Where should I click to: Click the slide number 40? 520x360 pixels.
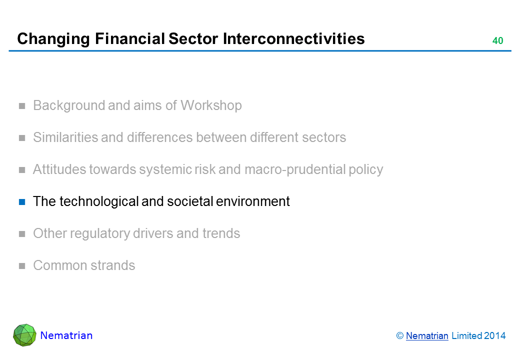[498, 40]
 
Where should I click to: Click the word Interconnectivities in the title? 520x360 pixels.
[293, 38]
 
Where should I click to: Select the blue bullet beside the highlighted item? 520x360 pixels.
[22, 202]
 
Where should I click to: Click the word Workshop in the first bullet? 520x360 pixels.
[211, 105]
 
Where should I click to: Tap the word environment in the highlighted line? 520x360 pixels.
[252, 201]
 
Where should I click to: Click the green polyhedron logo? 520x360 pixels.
[25, 335]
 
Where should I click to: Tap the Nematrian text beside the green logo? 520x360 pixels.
[66, 335]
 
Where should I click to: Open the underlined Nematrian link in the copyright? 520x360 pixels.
[427, 336]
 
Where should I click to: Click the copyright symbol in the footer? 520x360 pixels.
[400, 336]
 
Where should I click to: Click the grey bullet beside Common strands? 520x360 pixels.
[22, 266]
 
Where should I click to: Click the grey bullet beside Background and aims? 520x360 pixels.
[22, 106]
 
